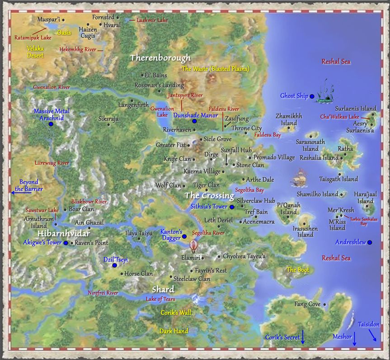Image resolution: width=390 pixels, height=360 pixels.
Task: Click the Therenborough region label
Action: click(160, 58)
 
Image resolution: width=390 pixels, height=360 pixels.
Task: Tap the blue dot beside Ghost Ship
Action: click(312, 96)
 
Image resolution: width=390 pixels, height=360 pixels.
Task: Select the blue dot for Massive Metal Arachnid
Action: click(51, 123)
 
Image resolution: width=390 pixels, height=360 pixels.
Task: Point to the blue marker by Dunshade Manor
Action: click(194, 121)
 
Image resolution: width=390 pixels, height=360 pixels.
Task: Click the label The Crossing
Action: click(210, 196)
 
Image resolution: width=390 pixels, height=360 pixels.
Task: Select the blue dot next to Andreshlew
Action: click(370, 242)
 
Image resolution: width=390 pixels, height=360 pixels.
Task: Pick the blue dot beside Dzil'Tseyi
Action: click(115, 265)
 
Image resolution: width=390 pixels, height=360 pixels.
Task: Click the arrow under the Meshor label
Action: click(354, 338)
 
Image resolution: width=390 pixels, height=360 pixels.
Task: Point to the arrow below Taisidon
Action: click(373, 335)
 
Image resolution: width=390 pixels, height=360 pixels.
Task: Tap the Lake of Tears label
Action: click(160, 299)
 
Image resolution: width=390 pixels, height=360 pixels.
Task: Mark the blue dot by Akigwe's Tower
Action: click(66, 243)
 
